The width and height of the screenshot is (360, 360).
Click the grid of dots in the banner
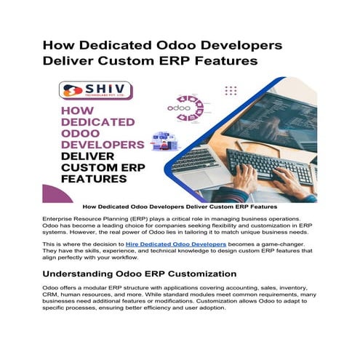point(231,90)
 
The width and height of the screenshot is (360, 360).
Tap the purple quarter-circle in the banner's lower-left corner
point(53,193)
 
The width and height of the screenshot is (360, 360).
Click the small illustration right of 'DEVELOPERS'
point(158,140)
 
